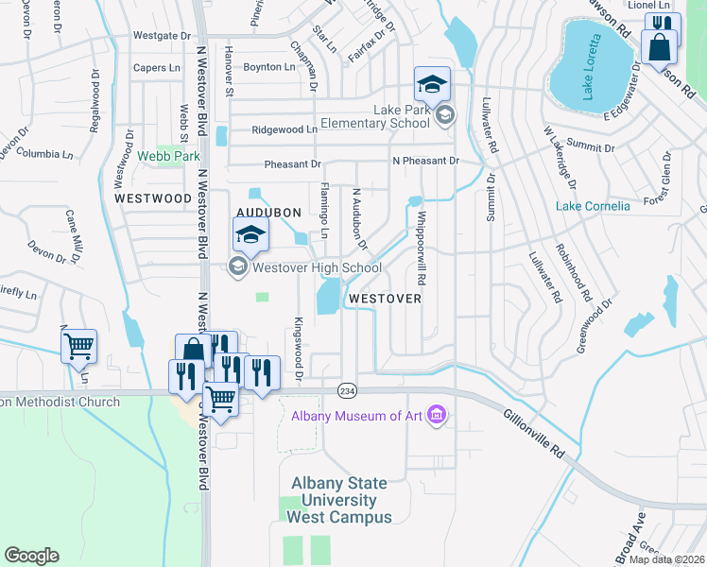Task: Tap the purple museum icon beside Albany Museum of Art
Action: click(437, 415)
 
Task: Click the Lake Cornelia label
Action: click(593, 206)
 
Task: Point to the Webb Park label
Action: click(168, 155)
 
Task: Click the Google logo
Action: click(31, 556)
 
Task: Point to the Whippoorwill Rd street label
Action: click(420, 242)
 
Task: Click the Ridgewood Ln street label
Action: click(285, 129)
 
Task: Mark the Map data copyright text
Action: click(667, 558)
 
